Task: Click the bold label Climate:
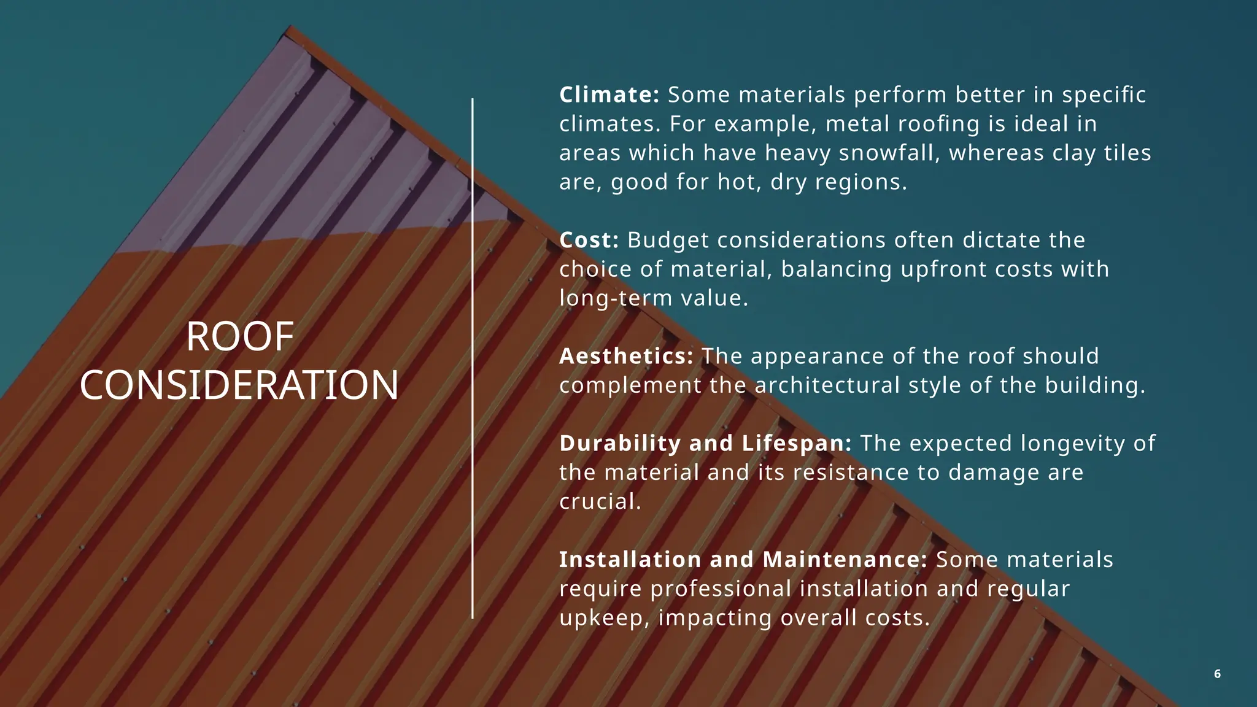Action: coord(609,95)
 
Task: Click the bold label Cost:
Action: coord(589,240)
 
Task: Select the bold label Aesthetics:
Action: coord(626,356)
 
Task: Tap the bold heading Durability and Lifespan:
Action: coord(705,443)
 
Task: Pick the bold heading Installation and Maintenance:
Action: coord(743,560)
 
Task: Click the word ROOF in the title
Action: coord(240,337)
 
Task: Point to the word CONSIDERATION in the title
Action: coord(239,385)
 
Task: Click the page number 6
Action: coord(1217,674)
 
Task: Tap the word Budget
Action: coord(668,240)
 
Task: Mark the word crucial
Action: coord(600,501)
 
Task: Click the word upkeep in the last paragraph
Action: coord(604,618)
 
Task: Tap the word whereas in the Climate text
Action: coord(996,153)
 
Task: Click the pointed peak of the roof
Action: coord(290,28)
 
